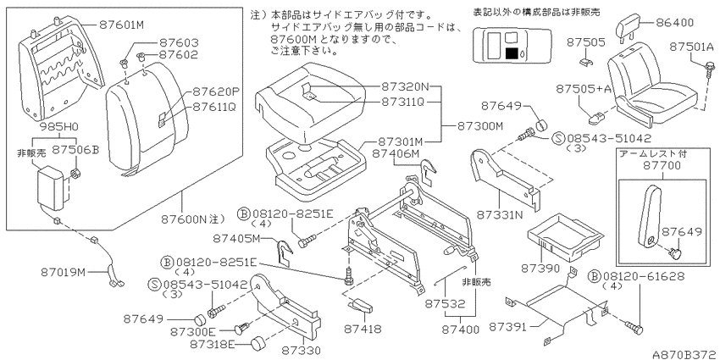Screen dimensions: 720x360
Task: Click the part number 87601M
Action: click(121, 25)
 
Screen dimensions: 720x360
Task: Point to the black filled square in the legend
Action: click(512, 53)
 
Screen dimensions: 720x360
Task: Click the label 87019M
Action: click(63, 272)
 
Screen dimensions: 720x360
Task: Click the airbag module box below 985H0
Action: click(53, 187)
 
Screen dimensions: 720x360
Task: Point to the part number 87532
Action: click(444, 303)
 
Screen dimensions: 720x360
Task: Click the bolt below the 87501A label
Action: click(706, 68)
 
